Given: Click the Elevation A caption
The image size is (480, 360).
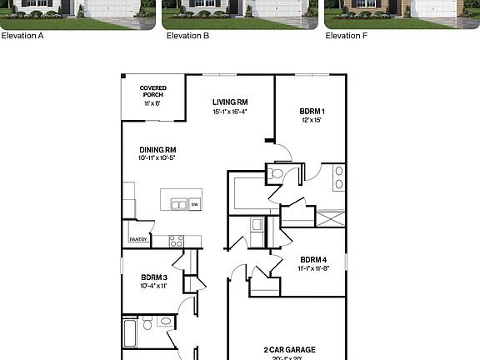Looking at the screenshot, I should (22, 36).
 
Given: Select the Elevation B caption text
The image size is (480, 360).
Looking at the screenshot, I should (187, 36).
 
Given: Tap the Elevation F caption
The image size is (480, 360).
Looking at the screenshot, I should (347, 36).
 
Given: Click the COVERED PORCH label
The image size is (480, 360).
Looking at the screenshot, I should (152, 91).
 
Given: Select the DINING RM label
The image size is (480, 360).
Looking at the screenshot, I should (157, 149).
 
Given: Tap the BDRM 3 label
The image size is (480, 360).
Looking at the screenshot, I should (154, 277).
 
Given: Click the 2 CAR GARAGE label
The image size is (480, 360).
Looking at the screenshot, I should (289, 350).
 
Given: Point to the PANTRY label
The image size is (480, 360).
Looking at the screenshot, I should (138, 240).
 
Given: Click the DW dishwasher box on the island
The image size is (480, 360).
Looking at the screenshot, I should (194, 204).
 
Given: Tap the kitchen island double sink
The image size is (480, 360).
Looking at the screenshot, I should (178, 204).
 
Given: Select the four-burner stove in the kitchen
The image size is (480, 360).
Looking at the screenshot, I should (176, 241).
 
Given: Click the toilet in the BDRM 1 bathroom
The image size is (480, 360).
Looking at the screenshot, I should (276, 173).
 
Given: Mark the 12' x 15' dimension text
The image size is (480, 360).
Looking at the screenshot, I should (311, 120).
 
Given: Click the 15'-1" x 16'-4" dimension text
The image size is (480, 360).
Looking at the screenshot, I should (230, 111).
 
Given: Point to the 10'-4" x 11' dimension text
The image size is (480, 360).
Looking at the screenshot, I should (154, 286).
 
